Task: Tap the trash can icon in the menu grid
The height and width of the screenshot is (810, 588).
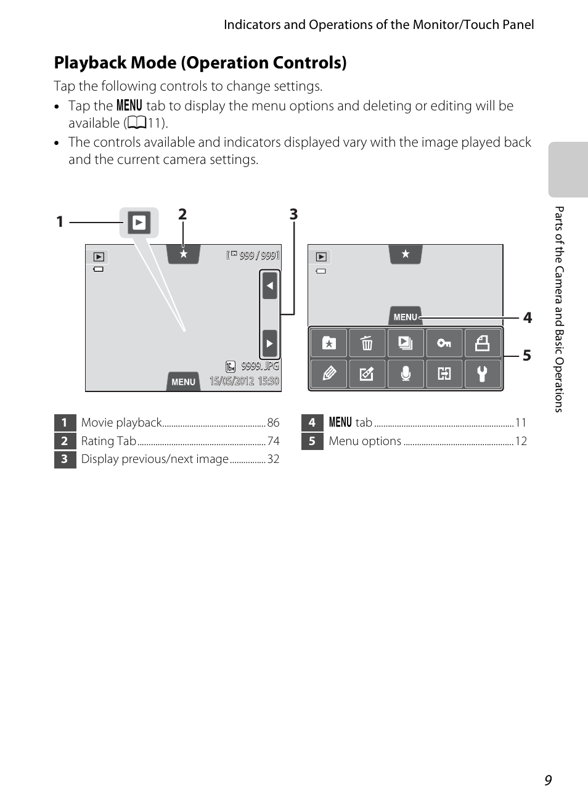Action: pos(367,343)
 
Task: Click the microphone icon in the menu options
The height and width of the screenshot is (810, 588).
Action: pos(406,374)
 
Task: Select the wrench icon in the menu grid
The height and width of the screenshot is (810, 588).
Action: pos(482,374)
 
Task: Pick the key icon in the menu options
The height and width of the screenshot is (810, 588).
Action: pos(444,343)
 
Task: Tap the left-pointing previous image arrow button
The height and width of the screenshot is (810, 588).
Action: pos(269,286)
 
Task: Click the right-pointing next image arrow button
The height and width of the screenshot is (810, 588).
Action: pos(269,343)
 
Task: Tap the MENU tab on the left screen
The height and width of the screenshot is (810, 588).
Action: pos(183,382)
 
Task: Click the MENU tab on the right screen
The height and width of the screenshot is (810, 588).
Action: pos(405,316)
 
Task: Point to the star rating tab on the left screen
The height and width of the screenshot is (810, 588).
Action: pos(183,254)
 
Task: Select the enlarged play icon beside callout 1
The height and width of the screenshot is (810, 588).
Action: pos(139,222)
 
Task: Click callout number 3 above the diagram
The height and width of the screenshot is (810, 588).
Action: pos(293,214)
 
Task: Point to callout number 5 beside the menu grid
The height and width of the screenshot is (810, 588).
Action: pos(526,356)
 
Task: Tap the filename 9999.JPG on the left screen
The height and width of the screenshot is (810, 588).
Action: pos(259,366)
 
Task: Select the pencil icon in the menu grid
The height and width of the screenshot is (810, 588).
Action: pos(329,374)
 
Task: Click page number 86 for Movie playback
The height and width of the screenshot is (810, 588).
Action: pos(273,423)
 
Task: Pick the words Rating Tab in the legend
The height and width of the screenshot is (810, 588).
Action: pos(108,441)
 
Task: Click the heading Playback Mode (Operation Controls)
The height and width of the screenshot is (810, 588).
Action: pos(200,63)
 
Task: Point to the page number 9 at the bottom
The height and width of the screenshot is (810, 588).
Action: pos(548,780)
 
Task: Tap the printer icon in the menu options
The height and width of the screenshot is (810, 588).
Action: pos(482,343)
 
